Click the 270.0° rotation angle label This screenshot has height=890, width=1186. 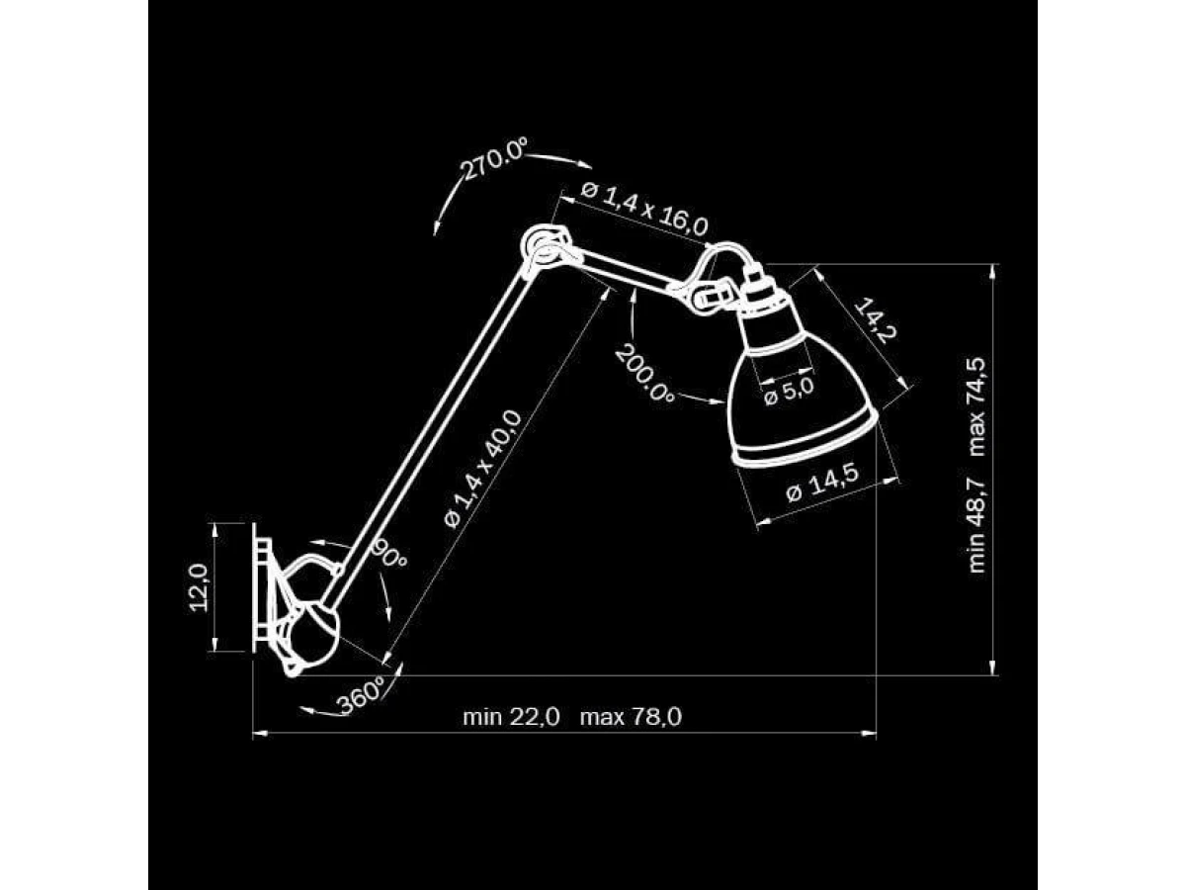click(x=494, y=158)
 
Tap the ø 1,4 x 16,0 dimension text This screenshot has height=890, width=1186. click(x=644, y=209)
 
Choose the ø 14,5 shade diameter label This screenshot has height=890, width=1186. click(x=822, y=483)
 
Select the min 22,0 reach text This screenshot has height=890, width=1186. click(x=511, y=718)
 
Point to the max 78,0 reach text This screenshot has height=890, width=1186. click(x=631, y=718)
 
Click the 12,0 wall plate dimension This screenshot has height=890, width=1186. click(x=199, y=586)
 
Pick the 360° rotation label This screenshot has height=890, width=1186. click(x=361, y=695)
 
